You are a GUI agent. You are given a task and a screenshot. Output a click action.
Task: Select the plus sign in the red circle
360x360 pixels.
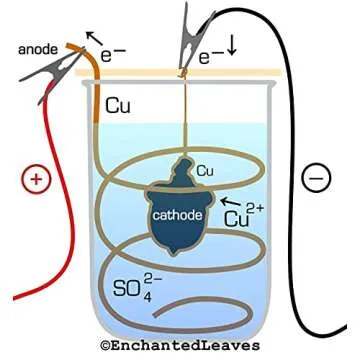(35, 180)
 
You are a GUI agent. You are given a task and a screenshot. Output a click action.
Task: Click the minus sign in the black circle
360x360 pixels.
(315, 179)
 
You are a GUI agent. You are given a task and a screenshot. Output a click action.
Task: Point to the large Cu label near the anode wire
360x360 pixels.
(120, 103)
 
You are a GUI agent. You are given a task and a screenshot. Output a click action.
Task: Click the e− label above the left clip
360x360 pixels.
(115, 45)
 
